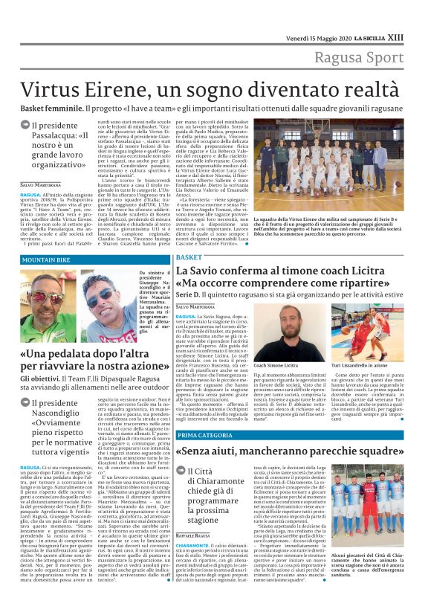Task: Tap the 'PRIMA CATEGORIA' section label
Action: pyautogui.click(x=205, y=413)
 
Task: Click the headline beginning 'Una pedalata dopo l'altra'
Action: pyautogui.click(x=95, y=360)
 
